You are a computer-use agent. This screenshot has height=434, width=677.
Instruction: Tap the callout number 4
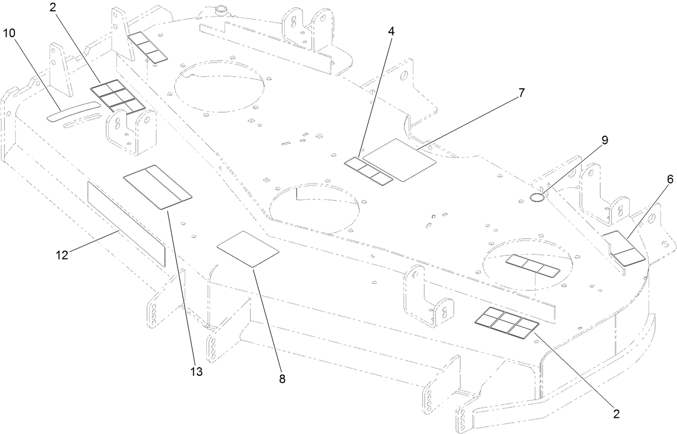coord(391,31)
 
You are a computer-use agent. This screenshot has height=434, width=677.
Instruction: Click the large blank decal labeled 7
coord(399,159)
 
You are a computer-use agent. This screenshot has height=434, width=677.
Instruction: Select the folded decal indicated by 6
coord(622,248)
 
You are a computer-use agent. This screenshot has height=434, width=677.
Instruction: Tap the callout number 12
coord(63,255)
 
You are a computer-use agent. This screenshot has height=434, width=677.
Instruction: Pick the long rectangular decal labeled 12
coord(126,223)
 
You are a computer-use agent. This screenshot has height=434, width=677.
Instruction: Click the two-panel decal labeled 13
coord(158,187)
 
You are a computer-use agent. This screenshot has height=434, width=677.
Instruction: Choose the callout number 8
coord(282,379)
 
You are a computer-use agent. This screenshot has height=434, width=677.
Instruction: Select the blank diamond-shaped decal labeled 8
coord(248,248)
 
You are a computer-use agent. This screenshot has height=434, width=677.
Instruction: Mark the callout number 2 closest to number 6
coord(616,414)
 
